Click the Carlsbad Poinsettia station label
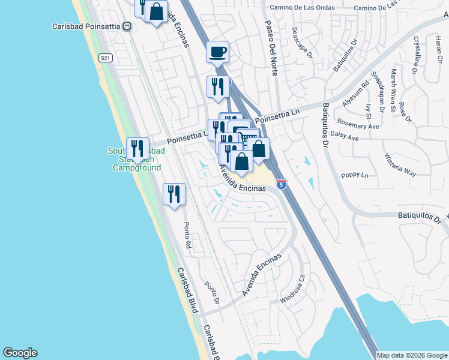click(85, 26)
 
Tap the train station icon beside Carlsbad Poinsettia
click(127, 26)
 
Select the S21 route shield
click(106, 58)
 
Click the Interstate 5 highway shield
click(281, 183)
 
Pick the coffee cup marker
click(217, 52)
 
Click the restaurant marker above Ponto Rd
click(174, 195)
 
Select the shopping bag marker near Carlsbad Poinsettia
click(156, 12)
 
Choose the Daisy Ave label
click(345, 137)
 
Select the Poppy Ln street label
click(354, 175)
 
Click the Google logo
click(20, 353)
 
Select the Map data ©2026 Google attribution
click(412, 355)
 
